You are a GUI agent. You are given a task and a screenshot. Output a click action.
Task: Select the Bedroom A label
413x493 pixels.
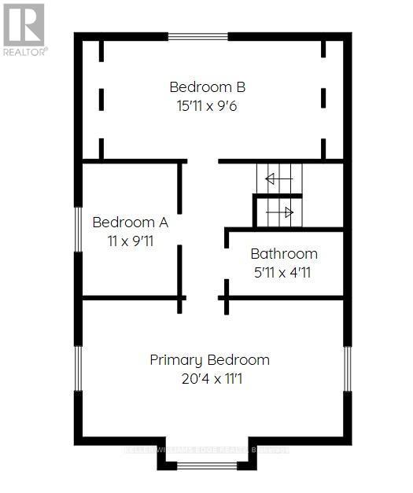tap(130, 222)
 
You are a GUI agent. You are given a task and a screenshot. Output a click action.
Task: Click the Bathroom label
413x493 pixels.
tap(284, 254)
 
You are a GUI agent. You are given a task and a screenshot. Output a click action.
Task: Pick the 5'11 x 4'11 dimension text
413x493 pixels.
tap(284, 273)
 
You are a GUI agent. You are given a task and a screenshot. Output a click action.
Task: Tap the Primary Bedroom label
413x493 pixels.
tap(209, 360)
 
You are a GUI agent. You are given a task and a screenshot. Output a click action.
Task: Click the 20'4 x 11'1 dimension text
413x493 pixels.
tap(209, 379)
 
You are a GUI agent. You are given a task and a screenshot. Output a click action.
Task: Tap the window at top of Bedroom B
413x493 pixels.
tap(198, 36)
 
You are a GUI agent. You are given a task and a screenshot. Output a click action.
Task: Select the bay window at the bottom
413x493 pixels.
tap(206, 465)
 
